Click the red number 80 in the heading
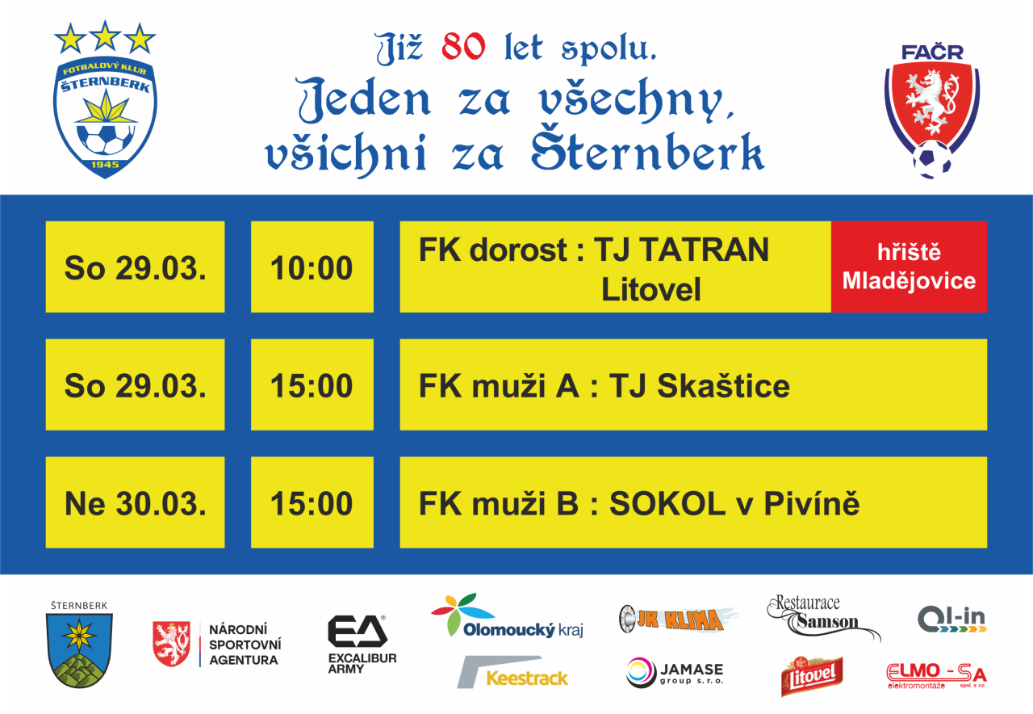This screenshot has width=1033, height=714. coord(463,47)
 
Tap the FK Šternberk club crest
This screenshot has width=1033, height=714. coord(105,117)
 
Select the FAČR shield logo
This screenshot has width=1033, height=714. coord(932,111)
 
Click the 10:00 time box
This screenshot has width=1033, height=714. coord(312,267)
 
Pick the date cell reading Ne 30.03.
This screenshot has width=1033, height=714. coord(135,502)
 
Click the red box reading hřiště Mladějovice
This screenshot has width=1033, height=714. coord(909,267)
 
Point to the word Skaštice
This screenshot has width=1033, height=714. coord(723,386)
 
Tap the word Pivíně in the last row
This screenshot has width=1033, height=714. coord(812,503)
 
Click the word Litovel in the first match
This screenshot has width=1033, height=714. coord(650,289)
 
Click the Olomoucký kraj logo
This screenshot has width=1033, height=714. coord(508,616)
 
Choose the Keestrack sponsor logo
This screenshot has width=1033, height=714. coord(512,672)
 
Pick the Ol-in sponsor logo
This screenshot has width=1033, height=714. coord(951,619)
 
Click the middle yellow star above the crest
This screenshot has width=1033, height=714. coord(105,36)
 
